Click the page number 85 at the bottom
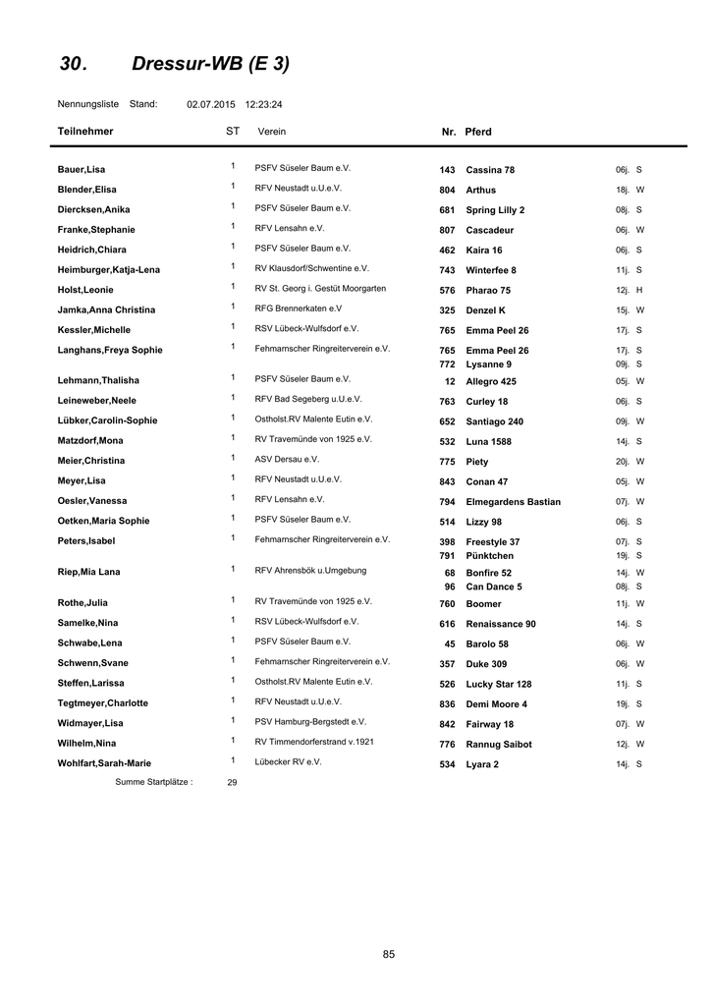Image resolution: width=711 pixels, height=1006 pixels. tap(389, 954)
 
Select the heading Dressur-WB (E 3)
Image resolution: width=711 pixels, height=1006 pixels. tap(210, 65)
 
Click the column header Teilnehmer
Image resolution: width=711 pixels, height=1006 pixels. tap(85, 132)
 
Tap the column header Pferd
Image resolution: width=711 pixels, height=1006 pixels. tap(478, 132)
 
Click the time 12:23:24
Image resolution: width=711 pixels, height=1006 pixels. tap(263, 103)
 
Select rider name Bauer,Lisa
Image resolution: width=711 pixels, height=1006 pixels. tap(82, 170)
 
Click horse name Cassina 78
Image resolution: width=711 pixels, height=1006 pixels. tap(490, 170)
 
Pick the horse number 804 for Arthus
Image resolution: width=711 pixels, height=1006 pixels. tap(447, 191)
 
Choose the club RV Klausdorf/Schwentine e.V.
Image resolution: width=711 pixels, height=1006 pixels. tap(311, 268)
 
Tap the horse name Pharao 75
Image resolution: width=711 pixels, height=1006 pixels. tap(488, 291)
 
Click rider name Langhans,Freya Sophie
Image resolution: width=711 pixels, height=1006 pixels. tap(110, 350)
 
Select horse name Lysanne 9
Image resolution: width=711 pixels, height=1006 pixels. tap(488, 364)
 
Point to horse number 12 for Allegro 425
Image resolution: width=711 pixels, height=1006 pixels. tap(450, 381)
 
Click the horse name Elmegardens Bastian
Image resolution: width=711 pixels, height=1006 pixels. tap(513, 502)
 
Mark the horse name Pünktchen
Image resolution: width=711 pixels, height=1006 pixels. tap(489, 556)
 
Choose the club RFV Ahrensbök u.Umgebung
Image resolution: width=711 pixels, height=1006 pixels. tap(310, 570)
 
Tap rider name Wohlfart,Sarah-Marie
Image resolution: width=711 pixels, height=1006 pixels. tap(104, 763)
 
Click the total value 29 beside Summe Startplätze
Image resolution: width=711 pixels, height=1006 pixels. tap(232, 783)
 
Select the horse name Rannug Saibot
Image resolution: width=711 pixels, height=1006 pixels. tap(498, 745)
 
